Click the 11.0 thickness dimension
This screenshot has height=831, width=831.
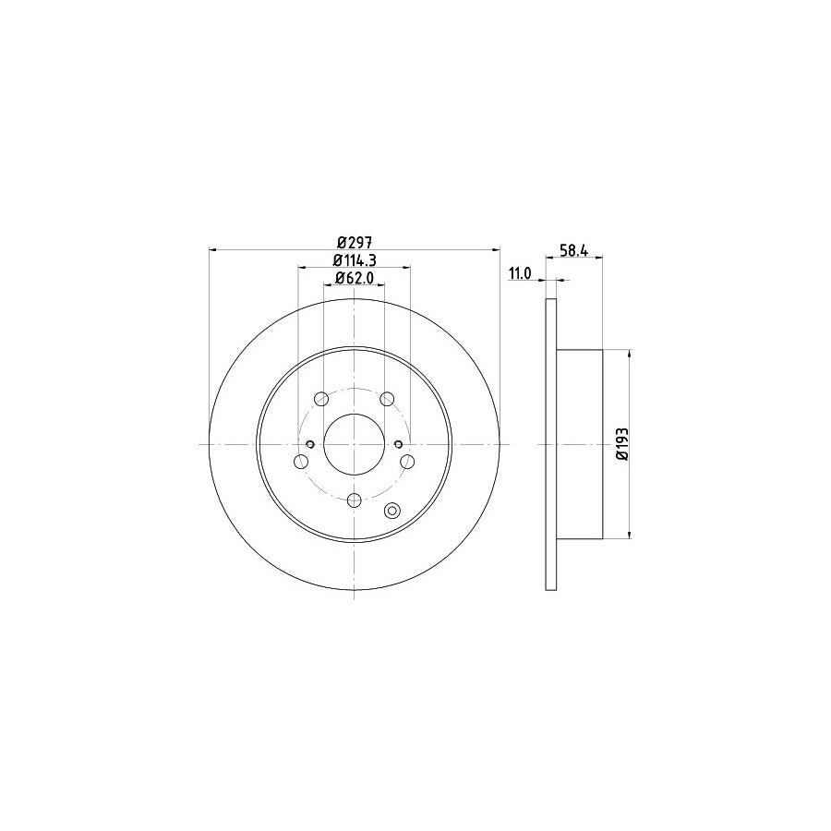click(x=520, y=274)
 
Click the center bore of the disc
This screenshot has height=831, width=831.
click(x=355, y=444)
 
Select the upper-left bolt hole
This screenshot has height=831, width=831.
click(x=321, y=399)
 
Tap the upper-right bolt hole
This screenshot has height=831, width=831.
click(x=387, y=399)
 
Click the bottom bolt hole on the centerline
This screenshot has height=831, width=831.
click(x=355, y=500)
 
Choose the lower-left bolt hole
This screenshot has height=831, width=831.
click(x=301, y=462)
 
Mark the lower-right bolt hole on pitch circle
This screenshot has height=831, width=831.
click(x=408, y=462)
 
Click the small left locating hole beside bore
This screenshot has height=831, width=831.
click(x=311, y=444)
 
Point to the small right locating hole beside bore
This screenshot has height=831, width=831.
click(x=398, y=444)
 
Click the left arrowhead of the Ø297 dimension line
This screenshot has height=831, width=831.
click(x=214, y=249)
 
